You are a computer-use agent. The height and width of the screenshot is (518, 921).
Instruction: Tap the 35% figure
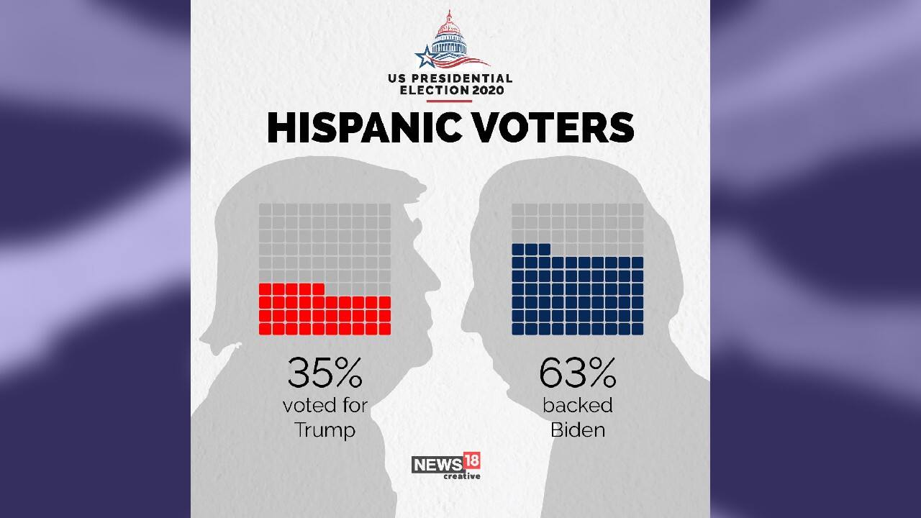pyautogui.click(x=325, y=373)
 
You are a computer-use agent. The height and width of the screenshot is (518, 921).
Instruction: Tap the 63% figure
pyautogui.click(x=577, y=373)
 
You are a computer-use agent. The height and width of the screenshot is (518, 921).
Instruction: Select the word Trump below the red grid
pyautogui.click(x=325, y=431)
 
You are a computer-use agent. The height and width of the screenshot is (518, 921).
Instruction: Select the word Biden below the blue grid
pyautogui.click(x=577, y=430)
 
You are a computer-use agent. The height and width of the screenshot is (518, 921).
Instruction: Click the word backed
pyautogui.click(x=577, y=405)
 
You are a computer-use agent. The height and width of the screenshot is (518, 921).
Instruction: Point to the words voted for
pyautogui.click(x=325, y=405)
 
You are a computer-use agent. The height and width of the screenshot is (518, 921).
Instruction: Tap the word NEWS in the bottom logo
pyautogui.click(x=437, y=465)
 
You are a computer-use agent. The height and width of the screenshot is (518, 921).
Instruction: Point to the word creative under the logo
pyautogui.click(x=461, y=476)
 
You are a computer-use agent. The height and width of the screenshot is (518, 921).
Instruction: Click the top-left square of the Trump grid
pyautogui.click(x=265, y=209)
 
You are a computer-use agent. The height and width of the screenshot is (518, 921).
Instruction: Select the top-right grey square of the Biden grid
pyautogui.click(x=637, y=209)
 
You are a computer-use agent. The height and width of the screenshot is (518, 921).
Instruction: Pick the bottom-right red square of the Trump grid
pyautogui.click(x=384, y=329)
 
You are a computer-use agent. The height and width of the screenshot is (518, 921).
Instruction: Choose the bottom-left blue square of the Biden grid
pyautogui.click(x=518, y=329)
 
